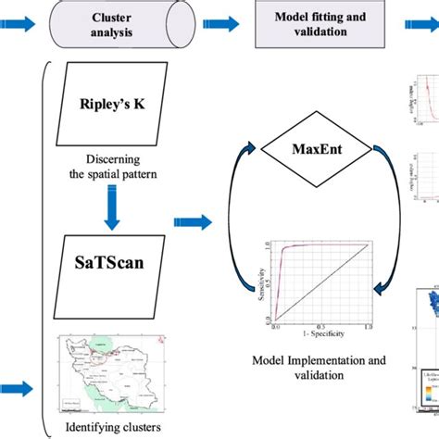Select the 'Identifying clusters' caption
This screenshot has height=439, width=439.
111,427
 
